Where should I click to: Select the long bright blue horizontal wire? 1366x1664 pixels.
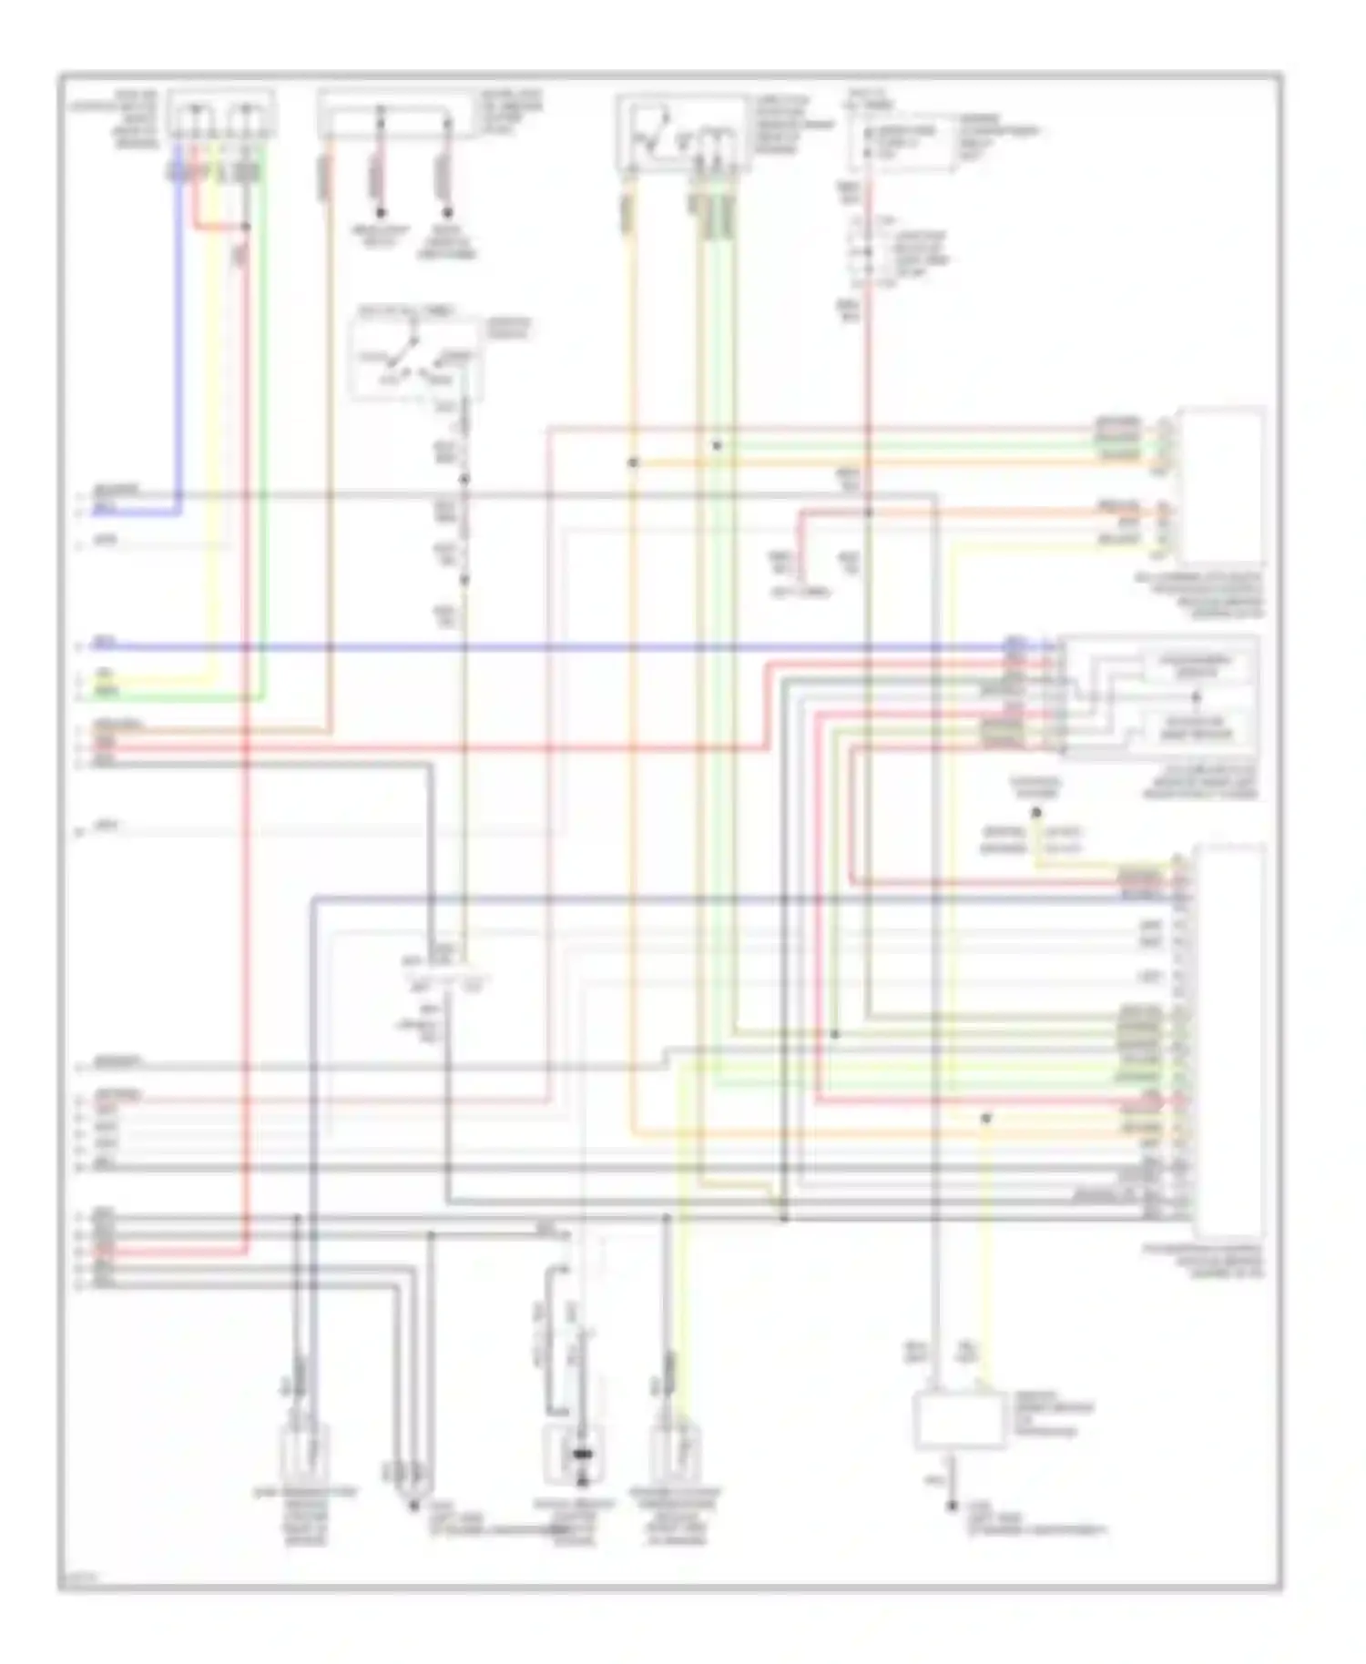546,647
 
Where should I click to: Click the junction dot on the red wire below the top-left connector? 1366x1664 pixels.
245,227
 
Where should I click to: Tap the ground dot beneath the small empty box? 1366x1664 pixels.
952,1507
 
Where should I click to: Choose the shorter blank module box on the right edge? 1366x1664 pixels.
1220,485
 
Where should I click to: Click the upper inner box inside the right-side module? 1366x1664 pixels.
1196,667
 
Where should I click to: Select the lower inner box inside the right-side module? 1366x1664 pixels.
1196,726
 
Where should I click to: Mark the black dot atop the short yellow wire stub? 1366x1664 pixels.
1036,812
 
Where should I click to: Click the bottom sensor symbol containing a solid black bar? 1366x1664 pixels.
582,1454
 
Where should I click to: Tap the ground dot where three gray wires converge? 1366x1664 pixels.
414,1506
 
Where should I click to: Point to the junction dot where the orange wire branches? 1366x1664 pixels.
633,463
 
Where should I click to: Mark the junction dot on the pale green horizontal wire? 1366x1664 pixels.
717,446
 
